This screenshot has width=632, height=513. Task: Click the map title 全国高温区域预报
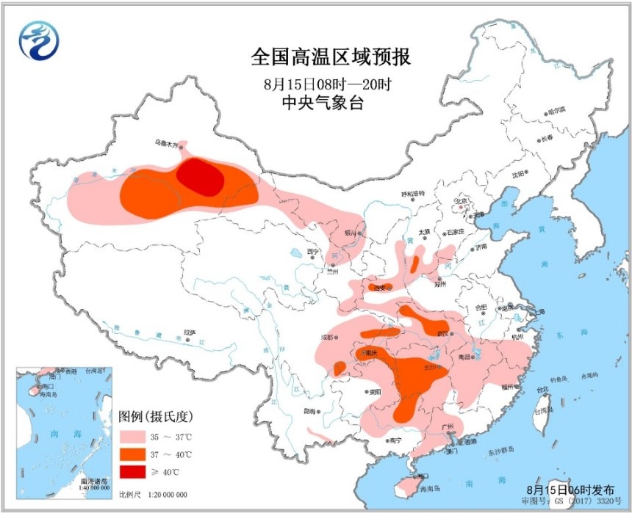[x=330, y=57]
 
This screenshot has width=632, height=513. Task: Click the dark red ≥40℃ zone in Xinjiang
[x=200, y=177]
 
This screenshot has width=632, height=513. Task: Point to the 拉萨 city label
[x=190, y=332]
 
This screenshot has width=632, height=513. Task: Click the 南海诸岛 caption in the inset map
[x=95, y=480]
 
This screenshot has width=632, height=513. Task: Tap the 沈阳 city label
[x=520, y=174]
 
